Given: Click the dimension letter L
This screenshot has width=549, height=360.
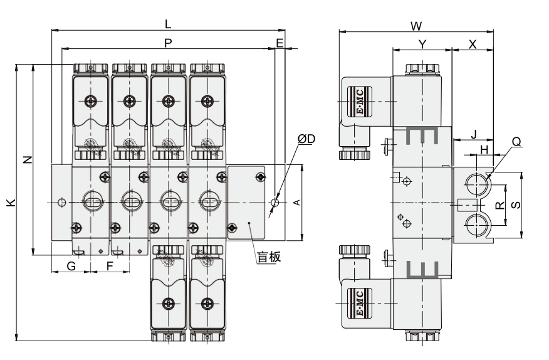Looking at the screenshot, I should click(x=168, y=24).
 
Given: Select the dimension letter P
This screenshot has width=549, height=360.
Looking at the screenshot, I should click(x=168, y=43).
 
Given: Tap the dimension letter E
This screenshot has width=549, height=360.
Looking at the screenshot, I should click(x=280, y=43).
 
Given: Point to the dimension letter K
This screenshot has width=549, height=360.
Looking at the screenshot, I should click(x=9, y=203).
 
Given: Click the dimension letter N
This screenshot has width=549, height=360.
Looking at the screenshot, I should click(x=26, y=159).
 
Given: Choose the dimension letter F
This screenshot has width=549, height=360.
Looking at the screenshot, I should click(x=110, y=266).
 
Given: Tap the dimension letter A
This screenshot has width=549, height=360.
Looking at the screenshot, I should click(x=297, y=202).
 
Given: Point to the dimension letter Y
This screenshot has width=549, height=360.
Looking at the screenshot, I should click(x=422, y=44).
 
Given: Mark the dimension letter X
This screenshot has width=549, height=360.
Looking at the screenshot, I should click(x=473, y=44).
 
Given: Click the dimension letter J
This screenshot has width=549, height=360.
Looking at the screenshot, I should click(x=473, y=134).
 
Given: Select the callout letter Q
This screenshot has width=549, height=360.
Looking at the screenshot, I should click(x=516, y=142).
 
